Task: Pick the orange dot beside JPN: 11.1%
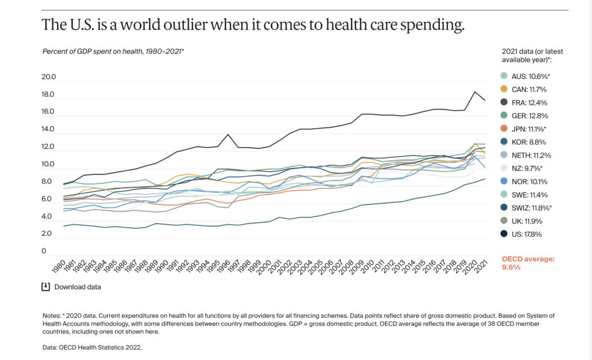pos(504,129)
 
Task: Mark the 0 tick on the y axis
pos(44,251)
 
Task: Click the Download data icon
pos(46,287)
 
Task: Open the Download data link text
pos(77,287)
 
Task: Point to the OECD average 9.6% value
pos(511,268)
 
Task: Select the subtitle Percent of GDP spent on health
pos(113,51)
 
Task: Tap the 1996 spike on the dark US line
pos(228,134)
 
